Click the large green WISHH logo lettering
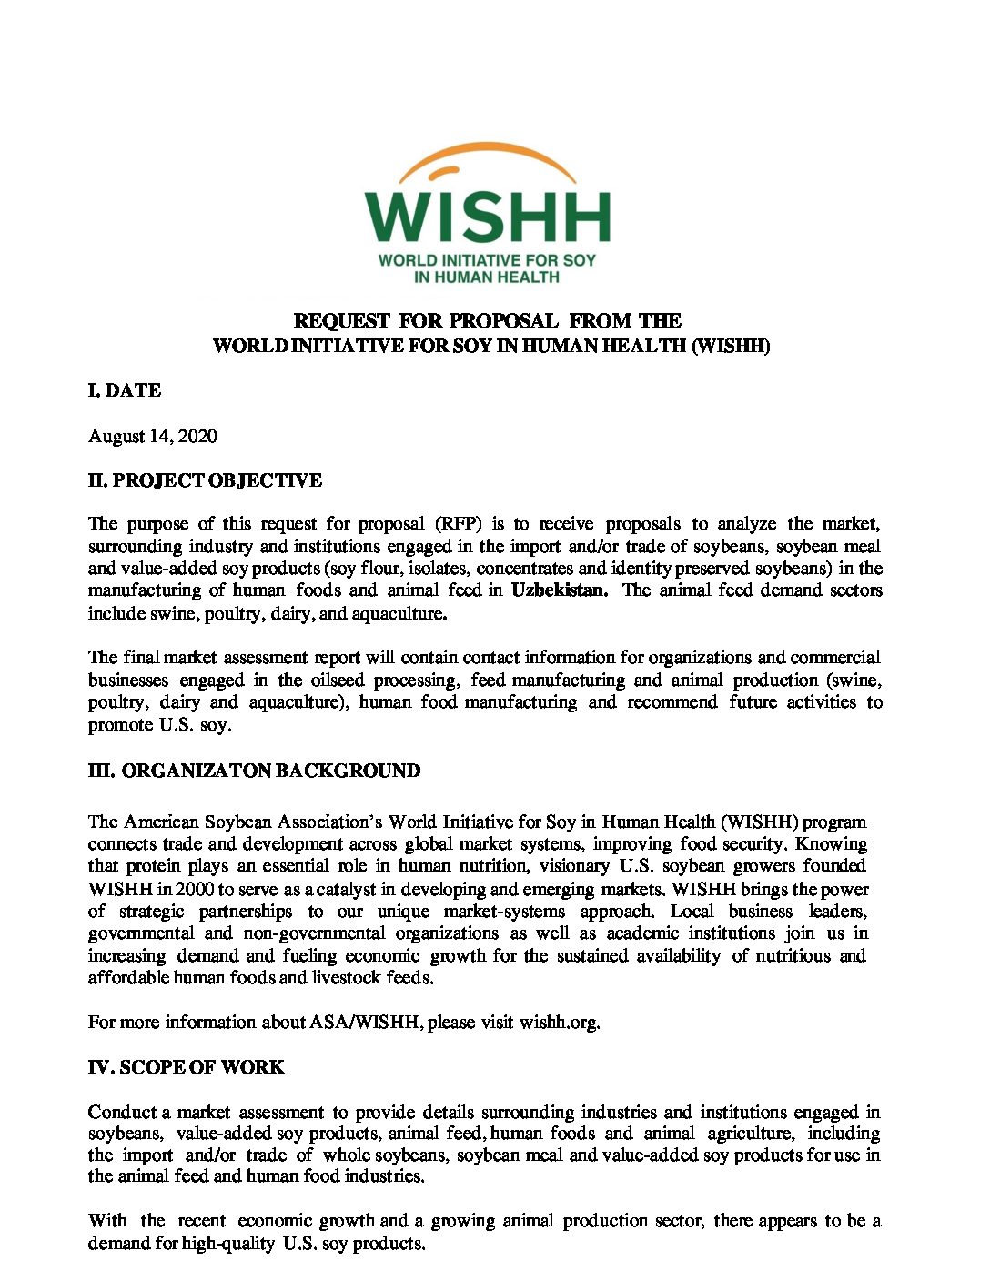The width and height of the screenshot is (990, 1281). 488,217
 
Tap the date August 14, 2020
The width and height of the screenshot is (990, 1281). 152,436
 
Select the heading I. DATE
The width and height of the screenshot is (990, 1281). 125,390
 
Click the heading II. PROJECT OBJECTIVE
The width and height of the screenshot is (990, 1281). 205,480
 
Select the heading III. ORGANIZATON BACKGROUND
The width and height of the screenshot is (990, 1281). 254,772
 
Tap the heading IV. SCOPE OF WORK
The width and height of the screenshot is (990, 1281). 186,1067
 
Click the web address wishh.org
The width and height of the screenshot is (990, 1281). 559,1023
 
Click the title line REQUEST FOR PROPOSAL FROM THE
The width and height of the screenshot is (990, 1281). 488,320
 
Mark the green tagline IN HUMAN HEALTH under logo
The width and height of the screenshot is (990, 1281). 487,277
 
